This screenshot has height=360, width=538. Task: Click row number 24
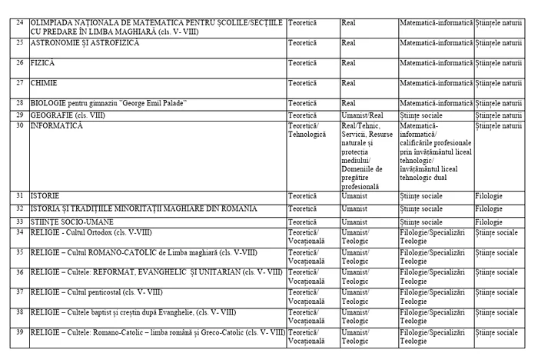pyautogui.click(x=20, y=22)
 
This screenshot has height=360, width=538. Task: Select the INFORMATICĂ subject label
pyautogui.click(x=56, y=126)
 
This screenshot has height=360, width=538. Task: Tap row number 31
pyautogui.click(x=20, y=196)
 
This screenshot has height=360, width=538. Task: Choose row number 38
pyautogui.click(x=20, y=312)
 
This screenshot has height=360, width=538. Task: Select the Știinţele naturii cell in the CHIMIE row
pyautogui.click(x=499, y=82)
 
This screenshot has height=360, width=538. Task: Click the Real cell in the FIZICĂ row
pyautogui.click(x=348, y=62)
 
